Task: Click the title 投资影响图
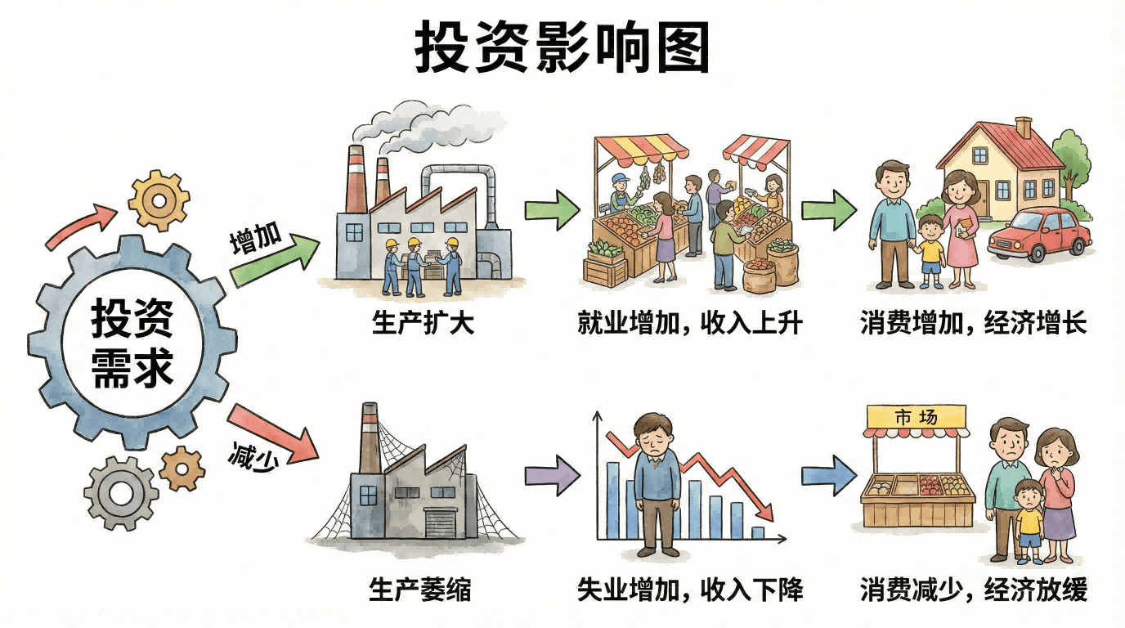(x=562, y=47)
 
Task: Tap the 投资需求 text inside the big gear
(x=132, y=342)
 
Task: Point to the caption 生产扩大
(x=423, y=323)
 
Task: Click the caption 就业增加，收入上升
(x=689, y=323)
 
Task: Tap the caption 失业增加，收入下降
(x=689, y=589)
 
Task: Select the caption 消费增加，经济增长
(x=973, y=323)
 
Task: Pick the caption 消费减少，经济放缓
(x=973, y=589)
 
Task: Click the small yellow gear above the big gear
(x=159, y=200)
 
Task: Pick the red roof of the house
(x=1002, y=142)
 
